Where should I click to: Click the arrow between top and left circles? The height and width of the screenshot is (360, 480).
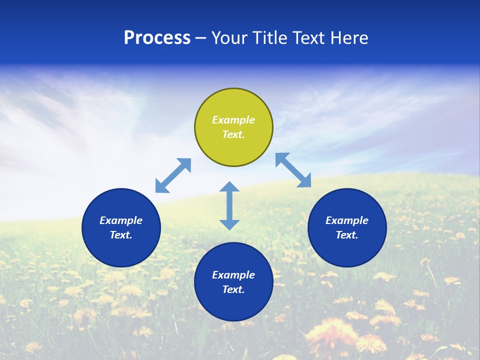(x=173, y=175)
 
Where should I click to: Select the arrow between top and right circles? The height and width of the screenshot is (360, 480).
(x=293, y=170)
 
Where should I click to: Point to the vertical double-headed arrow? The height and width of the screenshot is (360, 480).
(x=229, y=205)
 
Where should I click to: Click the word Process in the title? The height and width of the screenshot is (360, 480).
(x=157, y=37)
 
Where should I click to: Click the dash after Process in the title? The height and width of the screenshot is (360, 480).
(x=200, y=38)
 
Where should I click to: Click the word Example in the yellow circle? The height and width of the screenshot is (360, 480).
(x=233, y=120)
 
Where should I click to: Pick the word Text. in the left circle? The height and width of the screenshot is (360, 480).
(x=121, y=235)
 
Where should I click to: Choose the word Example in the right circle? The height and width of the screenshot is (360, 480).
(x=347, y=220)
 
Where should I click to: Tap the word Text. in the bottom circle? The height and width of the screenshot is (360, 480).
(x=233, y=289)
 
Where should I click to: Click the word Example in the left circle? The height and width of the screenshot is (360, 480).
(x=121, y=220)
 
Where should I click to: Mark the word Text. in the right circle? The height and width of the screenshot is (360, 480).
(x=347, y=235)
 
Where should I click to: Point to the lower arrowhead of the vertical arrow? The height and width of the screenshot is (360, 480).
(x=229, y=224)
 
